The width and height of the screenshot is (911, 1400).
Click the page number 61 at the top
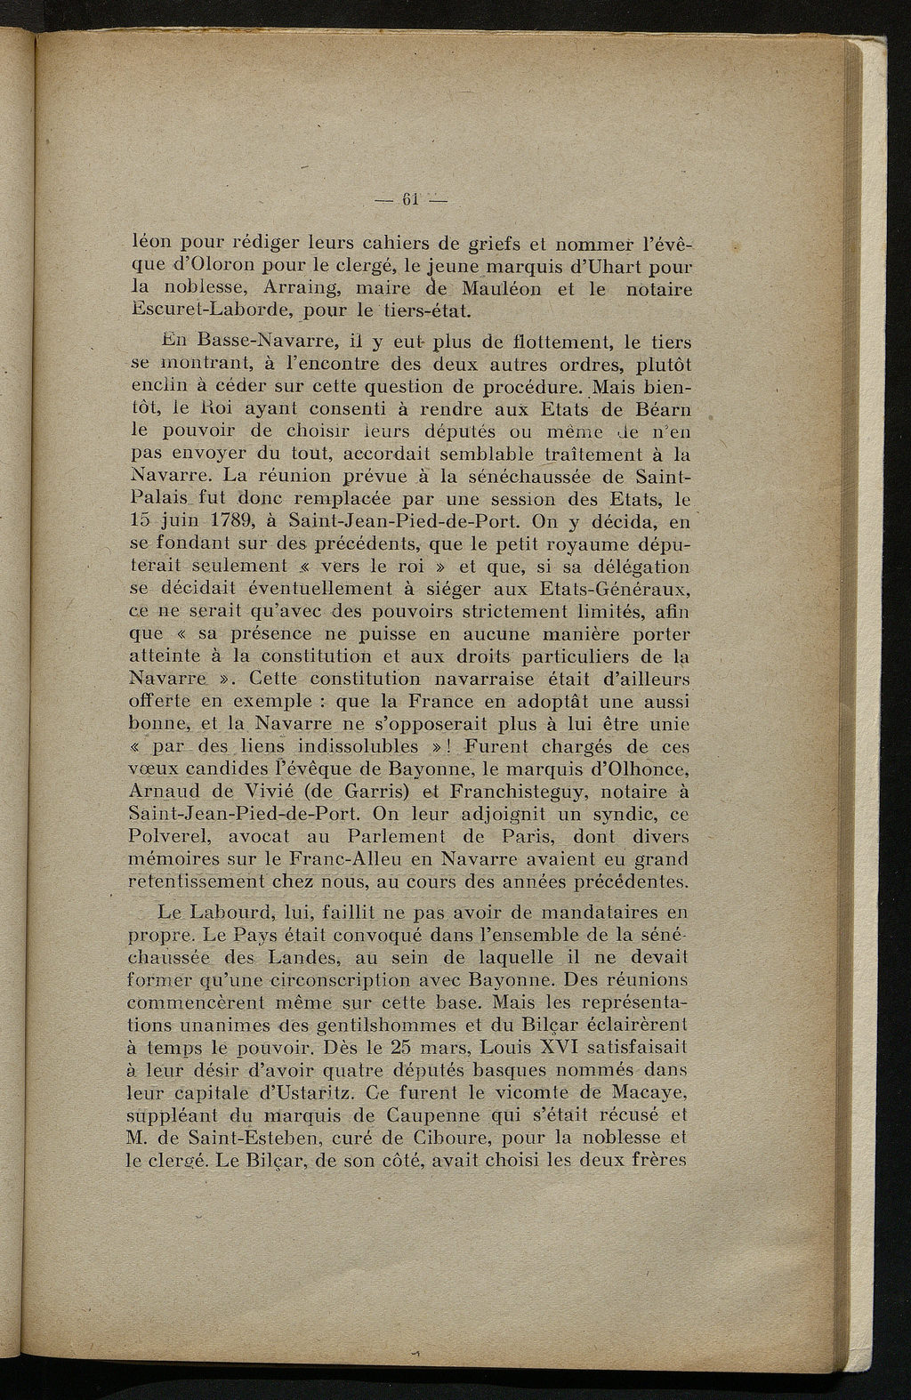pos(410,197)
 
